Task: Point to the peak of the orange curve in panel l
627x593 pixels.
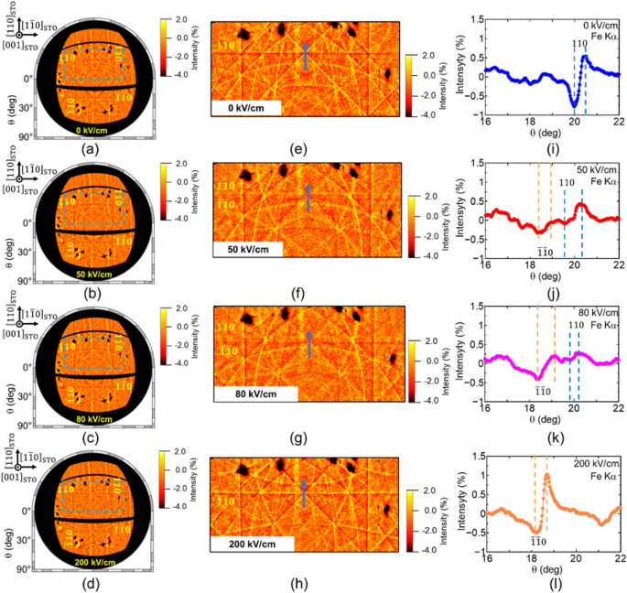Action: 546,475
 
